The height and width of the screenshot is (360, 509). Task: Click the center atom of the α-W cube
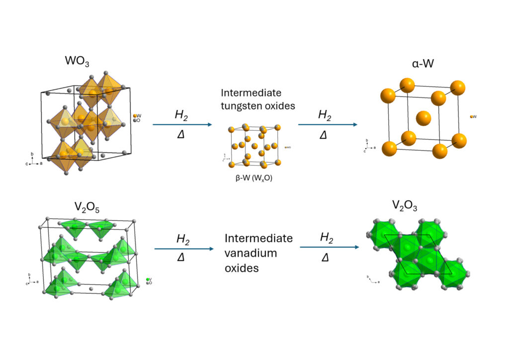(423, 119)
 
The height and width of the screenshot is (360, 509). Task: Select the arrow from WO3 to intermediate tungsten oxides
(182, 124)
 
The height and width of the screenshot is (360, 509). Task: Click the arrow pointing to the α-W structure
(328, 124)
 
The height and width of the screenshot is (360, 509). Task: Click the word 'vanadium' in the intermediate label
(250, 253)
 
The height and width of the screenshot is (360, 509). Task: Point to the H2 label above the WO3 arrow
(182, 115)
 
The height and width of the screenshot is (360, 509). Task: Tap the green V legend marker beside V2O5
(148, 280)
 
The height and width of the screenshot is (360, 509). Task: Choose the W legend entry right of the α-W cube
(473, 116)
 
